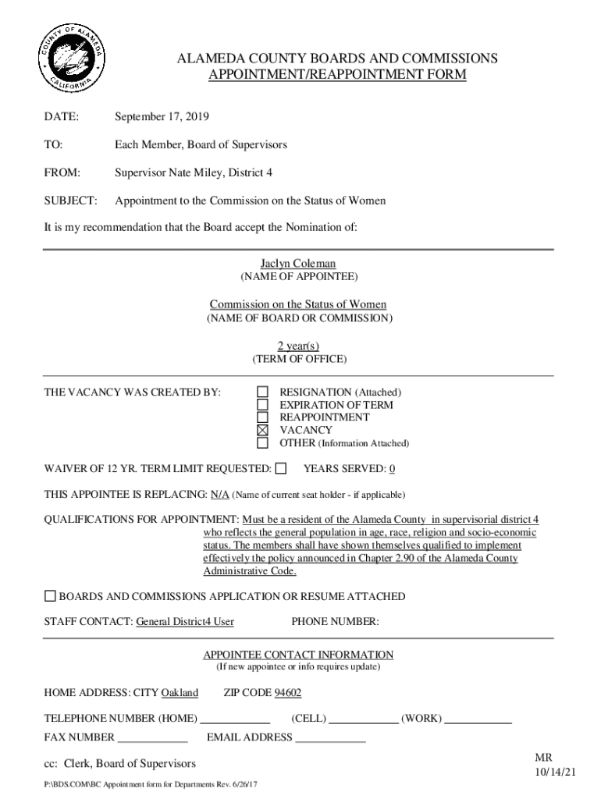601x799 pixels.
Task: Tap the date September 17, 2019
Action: click(x=162, y=117)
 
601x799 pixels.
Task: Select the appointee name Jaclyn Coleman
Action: click(x=298, y=264)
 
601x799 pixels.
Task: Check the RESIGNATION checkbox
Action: click(x=263, y=392)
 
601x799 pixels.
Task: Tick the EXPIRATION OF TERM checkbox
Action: click(x=263, y=405)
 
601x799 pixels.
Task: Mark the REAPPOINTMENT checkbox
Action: click(x=263, y=417)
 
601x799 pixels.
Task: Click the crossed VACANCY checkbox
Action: click(x=263, y=430)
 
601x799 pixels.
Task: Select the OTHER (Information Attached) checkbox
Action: click(x=263, y=443)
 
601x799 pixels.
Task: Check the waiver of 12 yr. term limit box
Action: click(x=281, y=468)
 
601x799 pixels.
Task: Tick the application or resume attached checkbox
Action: click(x=50, y=596)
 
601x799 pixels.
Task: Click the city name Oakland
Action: click(x=180, y=693)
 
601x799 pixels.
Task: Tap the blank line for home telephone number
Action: click(x=235, y=719)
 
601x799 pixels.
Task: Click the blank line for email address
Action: click(x=330, y=738)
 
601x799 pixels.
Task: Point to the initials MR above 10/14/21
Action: click(x=543, y=758)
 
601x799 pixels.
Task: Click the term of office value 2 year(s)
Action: click(x=298, y=346)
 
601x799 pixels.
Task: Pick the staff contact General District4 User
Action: click(x=185, y=622)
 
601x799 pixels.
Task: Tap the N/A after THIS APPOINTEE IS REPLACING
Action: click(x=219, y=495)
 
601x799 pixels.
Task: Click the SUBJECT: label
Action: click(x=70, y=201)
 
